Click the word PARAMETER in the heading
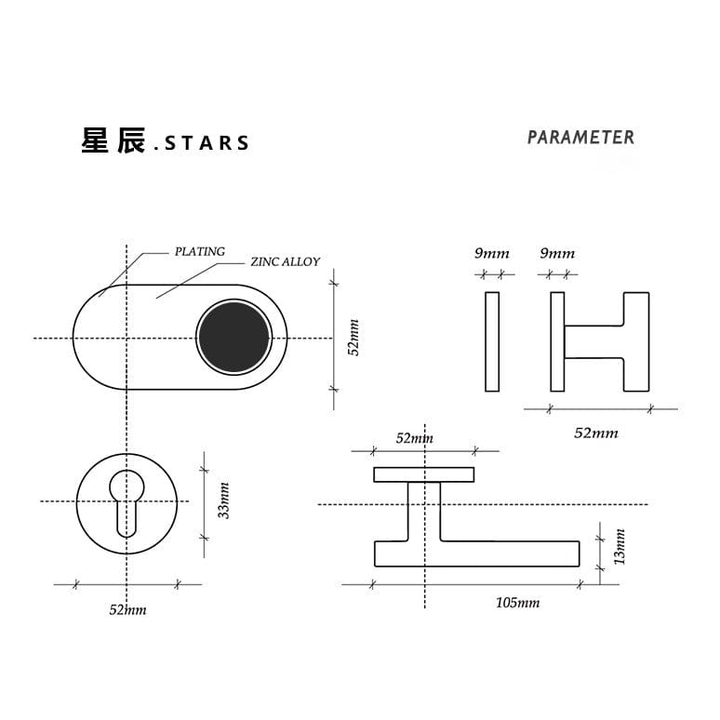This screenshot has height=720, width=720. coord(580,138)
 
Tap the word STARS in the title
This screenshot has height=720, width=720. coord(207,143)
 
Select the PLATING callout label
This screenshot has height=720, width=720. coord(200,252)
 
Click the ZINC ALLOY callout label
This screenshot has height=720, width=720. coord(286,261)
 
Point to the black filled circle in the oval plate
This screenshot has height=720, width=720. coord(234,337)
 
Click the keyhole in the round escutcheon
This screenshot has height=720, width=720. coord(127,503)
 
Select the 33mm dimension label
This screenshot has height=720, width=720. coord(223,500)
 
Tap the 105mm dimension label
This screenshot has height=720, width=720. coord(517,603)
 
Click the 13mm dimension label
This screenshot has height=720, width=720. coord(620,546)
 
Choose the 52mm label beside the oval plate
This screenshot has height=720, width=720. coord(354,338)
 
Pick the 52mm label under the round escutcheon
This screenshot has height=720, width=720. coord(127,610)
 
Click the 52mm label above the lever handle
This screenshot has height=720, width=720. coord(415,438)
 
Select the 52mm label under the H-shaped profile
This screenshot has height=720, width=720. coord(596,433)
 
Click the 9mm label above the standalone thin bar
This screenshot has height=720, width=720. coord(492,253)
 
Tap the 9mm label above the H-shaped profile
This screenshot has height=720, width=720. coord(557,253)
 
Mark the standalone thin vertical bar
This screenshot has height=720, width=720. coord(492,341)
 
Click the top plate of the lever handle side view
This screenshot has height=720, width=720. coord(424,474)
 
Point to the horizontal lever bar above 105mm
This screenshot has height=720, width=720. coord(477,553)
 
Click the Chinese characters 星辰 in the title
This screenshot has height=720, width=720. coord(113,140)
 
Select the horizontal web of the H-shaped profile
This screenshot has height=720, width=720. coord(593,341)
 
